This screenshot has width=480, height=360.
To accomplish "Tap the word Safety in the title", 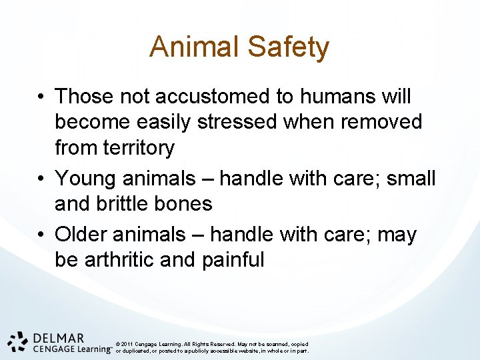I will [288, 47].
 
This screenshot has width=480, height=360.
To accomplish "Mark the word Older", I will [83, 235].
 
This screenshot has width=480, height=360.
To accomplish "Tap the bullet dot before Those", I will [41, 97].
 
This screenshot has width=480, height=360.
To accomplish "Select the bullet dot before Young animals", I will [41, 179].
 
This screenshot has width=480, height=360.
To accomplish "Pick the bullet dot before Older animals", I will [41, 235].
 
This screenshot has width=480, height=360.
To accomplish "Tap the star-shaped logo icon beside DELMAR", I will [18, 341].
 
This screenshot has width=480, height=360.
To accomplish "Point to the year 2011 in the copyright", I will [127, 344].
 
